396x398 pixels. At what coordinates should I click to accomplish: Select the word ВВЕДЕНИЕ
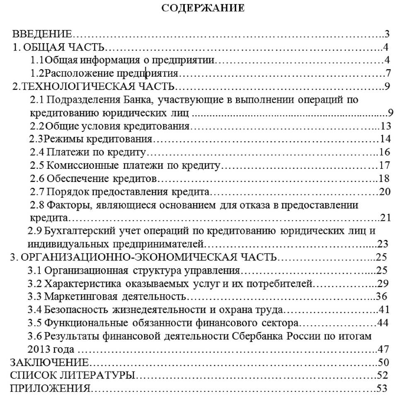coord(43,34)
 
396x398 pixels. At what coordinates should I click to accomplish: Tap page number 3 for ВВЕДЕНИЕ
coord(387,34)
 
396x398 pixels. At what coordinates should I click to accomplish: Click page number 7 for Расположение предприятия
coord(388,74)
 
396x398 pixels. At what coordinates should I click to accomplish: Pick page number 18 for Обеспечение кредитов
coord(385,179)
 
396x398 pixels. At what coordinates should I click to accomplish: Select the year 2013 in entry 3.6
coord(39,349)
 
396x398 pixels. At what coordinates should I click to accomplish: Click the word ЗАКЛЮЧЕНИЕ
coord(49,362)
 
